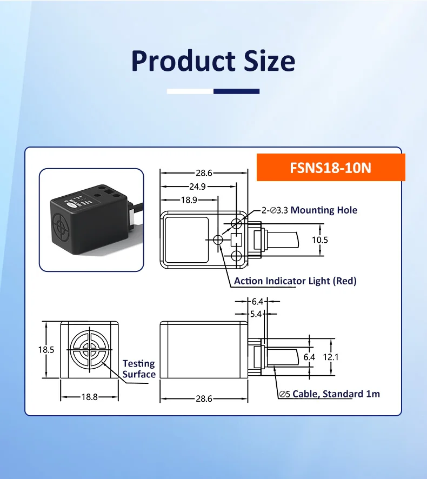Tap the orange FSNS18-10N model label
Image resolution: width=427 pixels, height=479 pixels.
coord(330,168)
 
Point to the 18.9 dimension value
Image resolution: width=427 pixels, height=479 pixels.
coord(188,199)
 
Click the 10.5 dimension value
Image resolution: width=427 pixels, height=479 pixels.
coord(319,239)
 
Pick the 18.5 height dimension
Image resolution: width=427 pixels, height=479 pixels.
coord(46,349)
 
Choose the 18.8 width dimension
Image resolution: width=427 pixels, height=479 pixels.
coord(89,397)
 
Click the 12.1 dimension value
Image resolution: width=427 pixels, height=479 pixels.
coord(331,356)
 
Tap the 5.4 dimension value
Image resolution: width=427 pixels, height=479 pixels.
coord(256,313)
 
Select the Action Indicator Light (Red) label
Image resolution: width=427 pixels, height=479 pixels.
coord(295,281)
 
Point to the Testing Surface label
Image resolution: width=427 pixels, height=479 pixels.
coord(139,369)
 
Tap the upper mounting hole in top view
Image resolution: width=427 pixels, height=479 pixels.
coord(236,223)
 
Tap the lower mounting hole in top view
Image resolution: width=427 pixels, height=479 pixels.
coord(236,256)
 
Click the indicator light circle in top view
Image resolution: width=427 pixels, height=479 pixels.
coord(218,239)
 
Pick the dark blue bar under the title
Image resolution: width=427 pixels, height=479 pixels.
coord(236,91)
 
